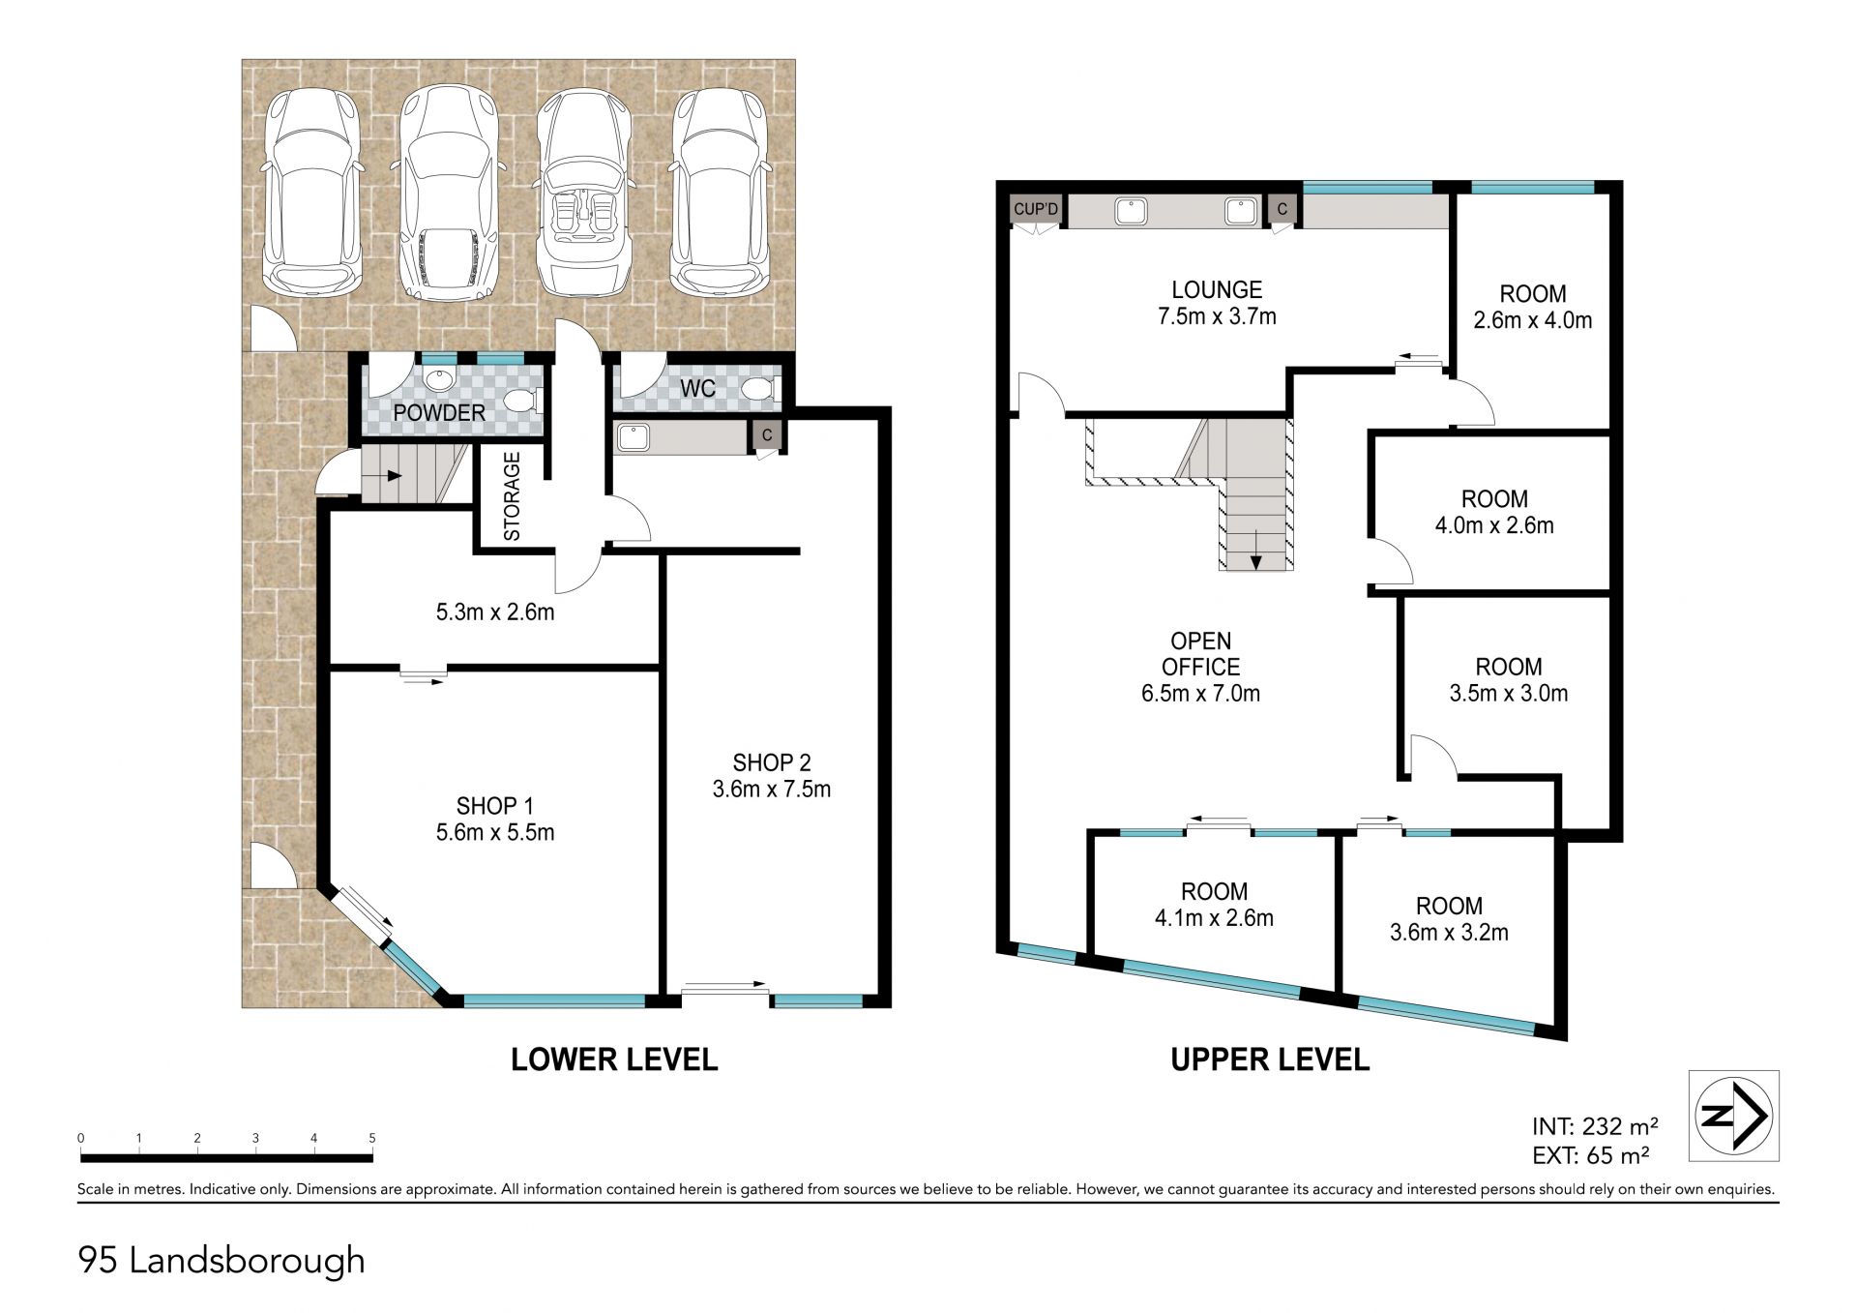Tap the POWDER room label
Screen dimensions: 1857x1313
click(439, 413)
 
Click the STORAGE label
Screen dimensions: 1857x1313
click(512, 496)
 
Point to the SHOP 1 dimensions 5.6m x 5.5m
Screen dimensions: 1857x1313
click(495, 832)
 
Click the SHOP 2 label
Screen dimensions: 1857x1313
click(771, 762)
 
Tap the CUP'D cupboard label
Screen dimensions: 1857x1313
click(1036, 209)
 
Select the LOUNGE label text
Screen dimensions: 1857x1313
click(1217, 289)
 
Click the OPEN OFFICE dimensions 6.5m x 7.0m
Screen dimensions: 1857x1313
click(1200, 693)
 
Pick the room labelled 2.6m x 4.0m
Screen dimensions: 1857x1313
click(1532, 307)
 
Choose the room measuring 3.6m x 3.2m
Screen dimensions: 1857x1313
click(1449, 919)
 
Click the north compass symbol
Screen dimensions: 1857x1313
click(1734, 1116)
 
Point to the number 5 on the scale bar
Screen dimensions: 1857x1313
click(371, 1138)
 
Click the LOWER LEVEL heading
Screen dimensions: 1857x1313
click(614, 1059)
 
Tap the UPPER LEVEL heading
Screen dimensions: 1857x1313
click(1270, 1059)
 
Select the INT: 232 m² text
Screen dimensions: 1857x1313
click(1596, 1126)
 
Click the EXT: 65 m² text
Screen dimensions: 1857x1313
click(1591, 1154)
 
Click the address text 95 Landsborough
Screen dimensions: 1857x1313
click(221, 1261)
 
